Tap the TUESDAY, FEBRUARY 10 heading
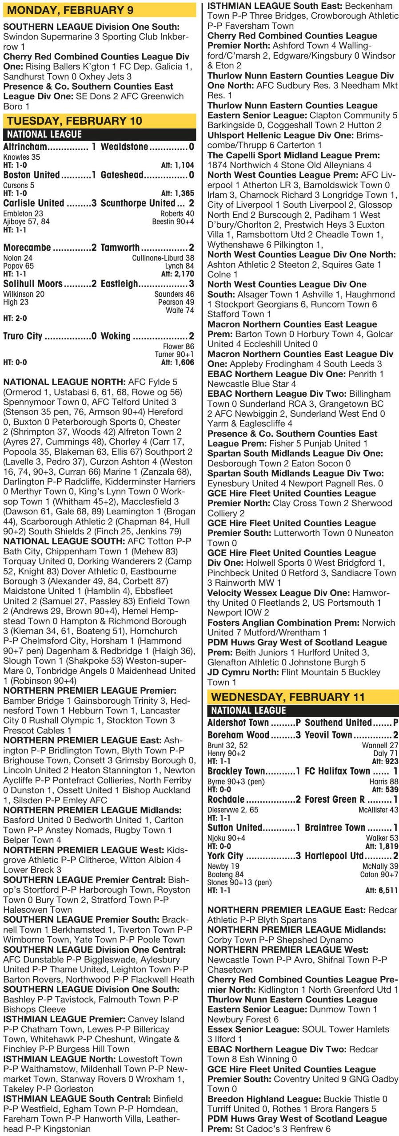75,121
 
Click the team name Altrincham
25,147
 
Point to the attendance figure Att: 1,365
177,193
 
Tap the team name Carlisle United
34,203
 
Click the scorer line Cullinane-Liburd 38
163,258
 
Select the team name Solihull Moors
33,284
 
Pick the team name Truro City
23,336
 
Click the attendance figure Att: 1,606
177,362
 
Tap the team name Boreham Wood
238,735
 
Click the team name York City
225,856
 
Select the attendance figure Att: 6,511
382,890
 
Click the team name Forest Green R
335,799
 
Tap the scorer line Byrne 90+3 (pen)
236,781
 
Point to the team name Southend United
338,722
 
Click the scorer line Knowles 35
21,157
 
